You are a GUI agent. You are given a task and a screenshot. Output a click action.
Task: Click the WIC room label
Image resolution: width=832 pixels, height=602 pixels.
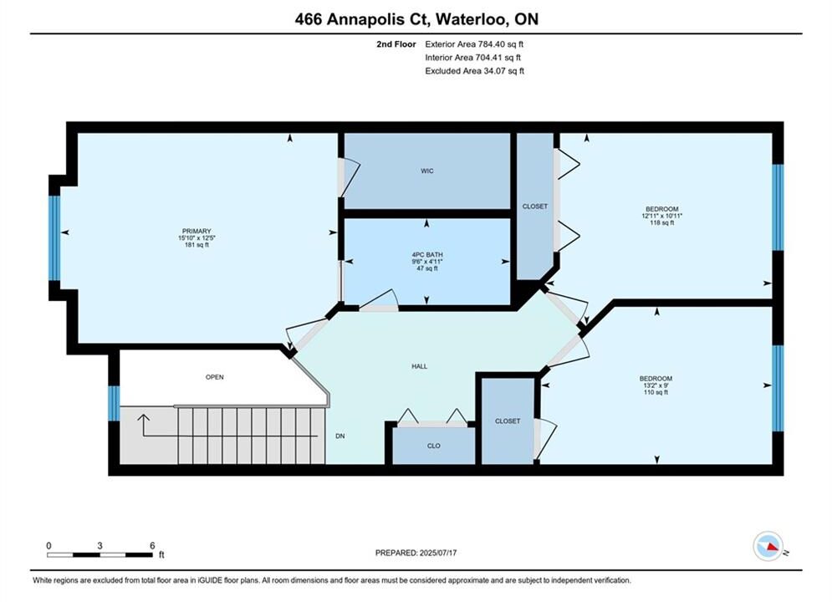coord(427,171)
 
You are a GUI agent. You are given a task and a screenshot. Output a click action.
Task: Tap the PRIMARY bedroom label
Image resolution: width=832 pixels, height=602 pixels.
coord(197,232)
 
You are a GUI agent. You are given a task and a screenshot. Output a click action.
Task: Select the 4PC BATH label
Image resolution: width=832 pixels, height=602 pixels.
coord(427,254)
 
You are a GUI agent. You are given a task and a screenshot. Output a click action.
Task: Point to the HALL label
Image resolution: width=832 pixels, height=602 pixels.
coord(419,366)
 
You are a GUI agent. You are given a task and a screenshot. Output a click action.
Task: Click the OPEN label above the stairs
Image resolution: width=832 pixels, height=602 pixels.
coord(214,377)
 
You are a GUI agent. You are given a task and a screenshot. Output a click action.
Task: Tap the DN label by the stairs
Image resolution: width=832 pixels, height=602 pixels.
coord(340,436)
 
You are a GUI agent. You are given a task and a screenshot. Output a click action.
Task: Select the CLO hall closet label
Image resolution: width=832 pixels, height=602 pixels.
coord(433,446)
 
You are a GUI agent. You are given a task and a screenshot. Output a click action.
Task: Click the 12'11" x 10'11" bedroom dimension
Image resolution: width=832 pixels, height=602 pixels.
coord(661,216)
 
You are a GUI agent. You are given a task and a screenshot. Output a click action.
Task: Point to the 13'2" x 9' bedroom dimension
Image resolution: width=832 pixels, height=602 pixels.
coord(656,385)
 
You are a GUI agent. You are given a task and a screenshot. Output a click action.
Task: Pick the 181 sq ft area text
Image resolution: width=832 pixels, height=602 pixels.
coord(197,245)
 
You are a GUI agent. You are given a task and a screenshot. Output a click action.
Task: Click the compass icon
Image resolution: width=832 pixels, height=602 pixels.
coord(768,546)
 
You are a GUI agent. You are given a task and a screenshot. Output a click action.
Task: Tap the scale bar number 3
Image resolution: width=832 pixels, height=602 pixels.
coord(100,545)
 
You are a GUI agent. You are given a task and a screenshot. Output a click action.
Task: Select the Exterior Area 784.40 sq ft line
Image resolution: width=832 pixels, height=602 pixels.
coord(474,44)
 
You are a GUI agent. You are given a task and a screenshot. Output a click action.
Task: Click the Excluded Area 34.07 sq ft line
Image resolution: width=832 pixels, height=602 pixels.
coord(474,70)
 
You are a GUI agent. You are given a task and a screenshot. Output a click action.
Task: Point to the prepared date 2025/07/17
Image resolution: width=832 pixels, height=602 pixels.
coord(438,553)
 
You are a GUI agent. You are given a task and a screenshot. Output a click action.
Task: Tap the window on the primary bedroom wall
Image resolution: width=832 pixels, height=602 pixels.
coord(54,237)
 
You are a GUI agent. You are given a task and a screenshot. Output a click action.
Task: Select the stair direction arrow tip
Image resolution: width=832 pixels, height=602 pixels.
coord(143,416)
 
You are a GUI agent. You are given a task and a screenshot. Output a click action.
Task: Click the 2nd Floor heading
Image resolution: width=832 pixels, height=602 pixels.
coord(396,44)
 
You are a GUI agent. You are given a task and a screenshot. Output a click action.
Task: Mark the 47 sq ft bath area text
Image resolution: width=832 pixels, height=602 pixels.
coord(427,268)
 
